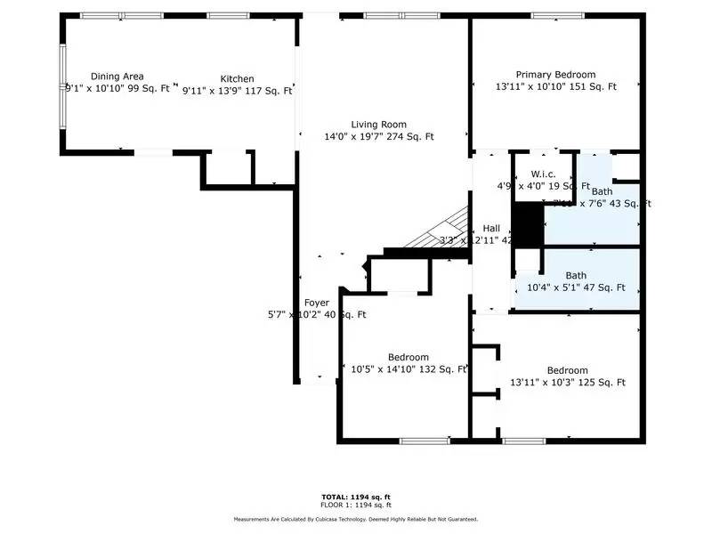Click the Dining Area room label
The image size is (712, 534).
pyautogui.click(x=117, y=77)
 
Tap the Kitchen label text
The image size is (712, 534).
pyautogui.click(x=238, y=79)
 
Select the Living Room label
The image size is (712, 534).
pyautogui.click(x=378, y=125)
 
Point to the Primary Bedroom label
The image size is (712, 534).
pyautogui.click(x=555, y=75)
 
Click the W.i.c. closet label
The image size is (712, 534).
pyautogui.click(x=544, y=174)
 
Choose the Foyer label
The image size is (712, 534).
pyautogui.click(x=317, y=303)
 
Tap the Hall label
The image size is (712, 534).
pyautogui.click(x=491, y=228)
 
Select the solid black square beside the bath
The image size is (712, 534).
pyautogui.click(x=530, y=225)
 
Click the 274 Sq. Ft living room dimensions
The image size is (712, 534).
pyautogui.click(x=378, y=137)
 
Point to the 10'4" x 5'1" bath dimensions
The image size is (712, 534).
pyautogui.click(x=576, y=287)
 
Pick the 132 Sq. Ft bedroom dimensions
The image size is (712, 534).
pyautogui.click(x=409, y=369)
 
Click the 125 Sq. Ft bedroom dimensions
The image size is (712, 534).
pyautogui.click(x=567, y=383)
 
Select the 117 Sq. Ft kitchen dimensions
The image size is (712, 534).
pyautogui.click(x=238, y=89)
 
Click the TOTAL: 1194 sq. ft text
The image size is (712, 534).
pyautogui.click(x=356, y=496)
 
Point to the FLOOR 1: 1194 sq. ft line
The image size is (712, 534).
pyautogui.click(x=356, y=505)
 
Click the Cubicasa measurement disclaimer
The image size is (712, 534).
pyautogui.click(x=356, y=519)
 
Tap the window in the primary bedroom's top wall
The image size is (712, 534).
pyautogui.click(x=558, y=15)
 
